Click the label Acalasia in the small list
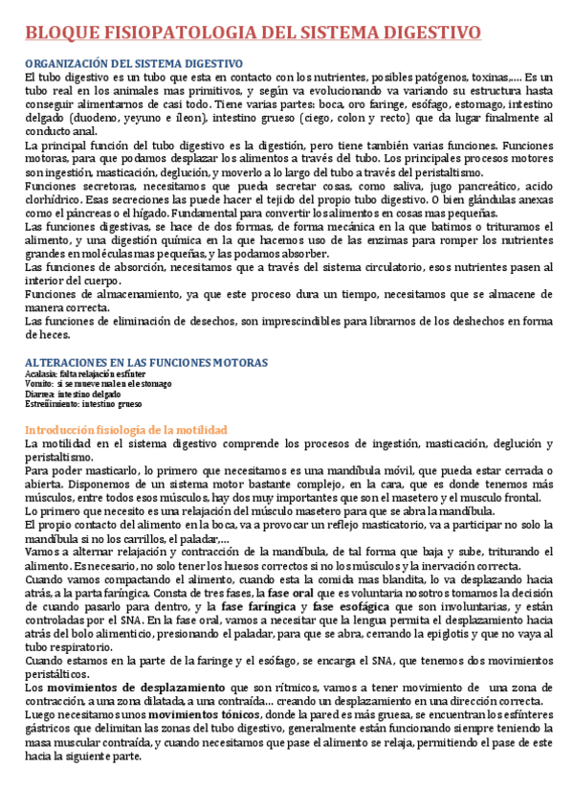[x=41, y=373]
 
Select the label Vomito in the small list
[x=39, y=383]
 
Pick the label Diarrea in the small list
[x=39, y=393]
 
